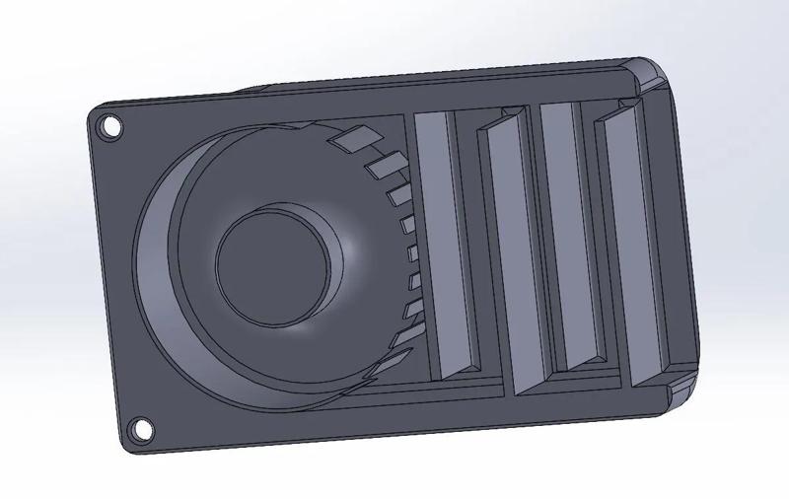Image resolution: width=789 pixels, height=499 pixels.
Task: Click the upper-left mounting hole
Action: click(x=110, y=126)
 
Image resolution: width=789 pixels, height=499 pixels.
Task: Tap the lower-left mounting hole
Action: click(x=141, y=429)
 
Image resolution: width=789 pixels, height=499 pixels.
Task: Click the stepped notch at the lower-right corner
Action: click(x=681, y=390)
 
